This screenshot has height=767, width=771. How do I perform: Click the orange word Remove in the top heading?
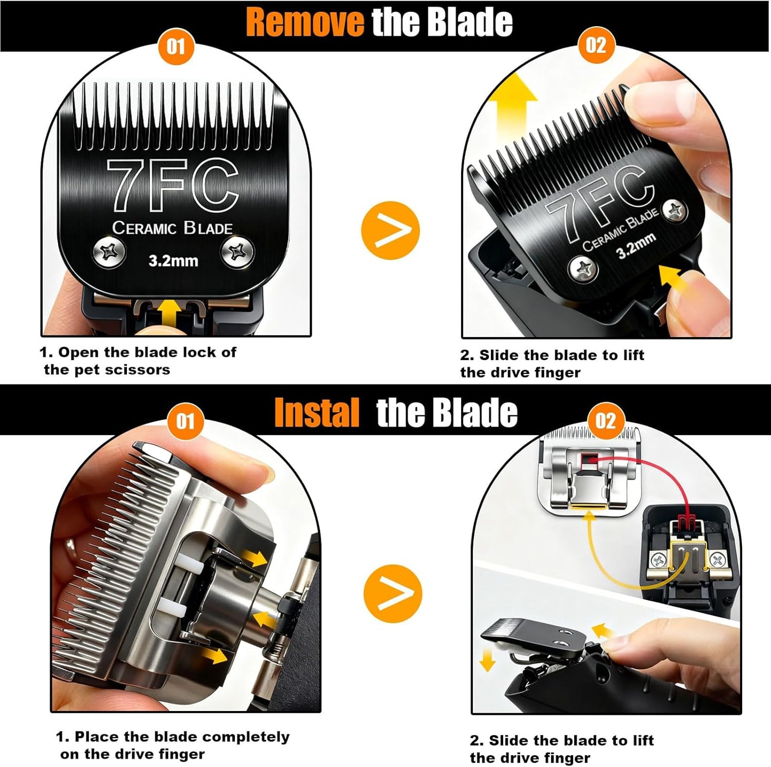[304, 22]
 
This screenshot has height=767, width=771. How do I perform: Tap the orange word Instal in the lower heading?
[316, 413]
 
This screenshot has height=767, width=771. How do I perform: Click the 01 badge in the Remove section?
[176, 46]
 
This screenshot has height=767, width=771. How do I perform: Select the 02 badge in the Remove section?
[596, 45]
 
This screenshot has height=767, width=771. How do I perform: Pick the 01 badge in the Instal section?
[185, 421]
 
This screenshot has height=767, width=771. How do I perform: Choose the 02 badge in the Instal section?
[605, 421]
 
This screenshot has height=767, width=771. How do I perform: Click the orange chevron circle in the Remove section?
[390, 230]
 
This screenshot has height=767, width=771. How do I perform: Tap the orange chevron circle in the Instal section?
[392, 593]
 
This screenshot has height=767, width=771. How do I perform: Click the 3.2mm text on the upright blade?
[173, 261]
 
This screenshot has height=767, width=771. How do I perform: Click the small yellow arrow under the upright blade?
[170, 311]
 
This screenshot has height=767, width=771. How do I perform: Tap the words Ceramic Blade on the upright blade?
[172, 228]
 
